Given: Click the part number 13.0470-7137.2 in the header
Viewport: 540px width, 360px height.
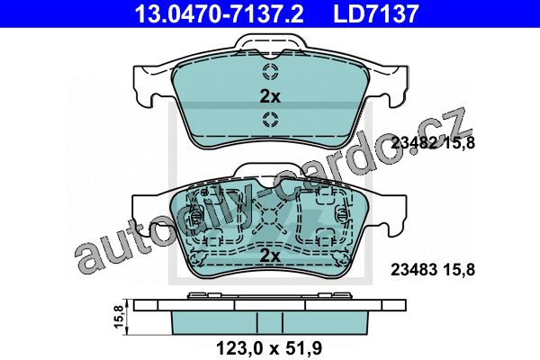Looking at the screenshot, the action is coord(220,13).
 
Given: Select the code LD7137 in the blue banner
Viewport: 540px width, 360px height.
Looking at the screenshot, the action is coord(375,13).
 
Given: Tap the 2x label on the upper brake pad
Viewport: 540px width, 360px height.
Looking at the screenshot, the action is coord(270,97).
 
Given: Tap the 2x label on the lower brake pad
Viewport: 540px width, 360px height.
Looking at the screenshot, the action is coord(270,256).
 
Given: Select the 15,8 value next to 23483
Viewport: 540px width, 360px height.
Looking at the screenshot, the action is coord(459,269).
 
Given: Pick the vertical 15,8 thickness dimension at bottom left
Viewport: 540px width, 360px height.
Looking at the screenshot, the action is coord(118,317).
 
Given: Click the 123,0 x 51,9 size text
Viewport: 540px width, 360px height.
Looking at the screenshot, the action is coord(269,348).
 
